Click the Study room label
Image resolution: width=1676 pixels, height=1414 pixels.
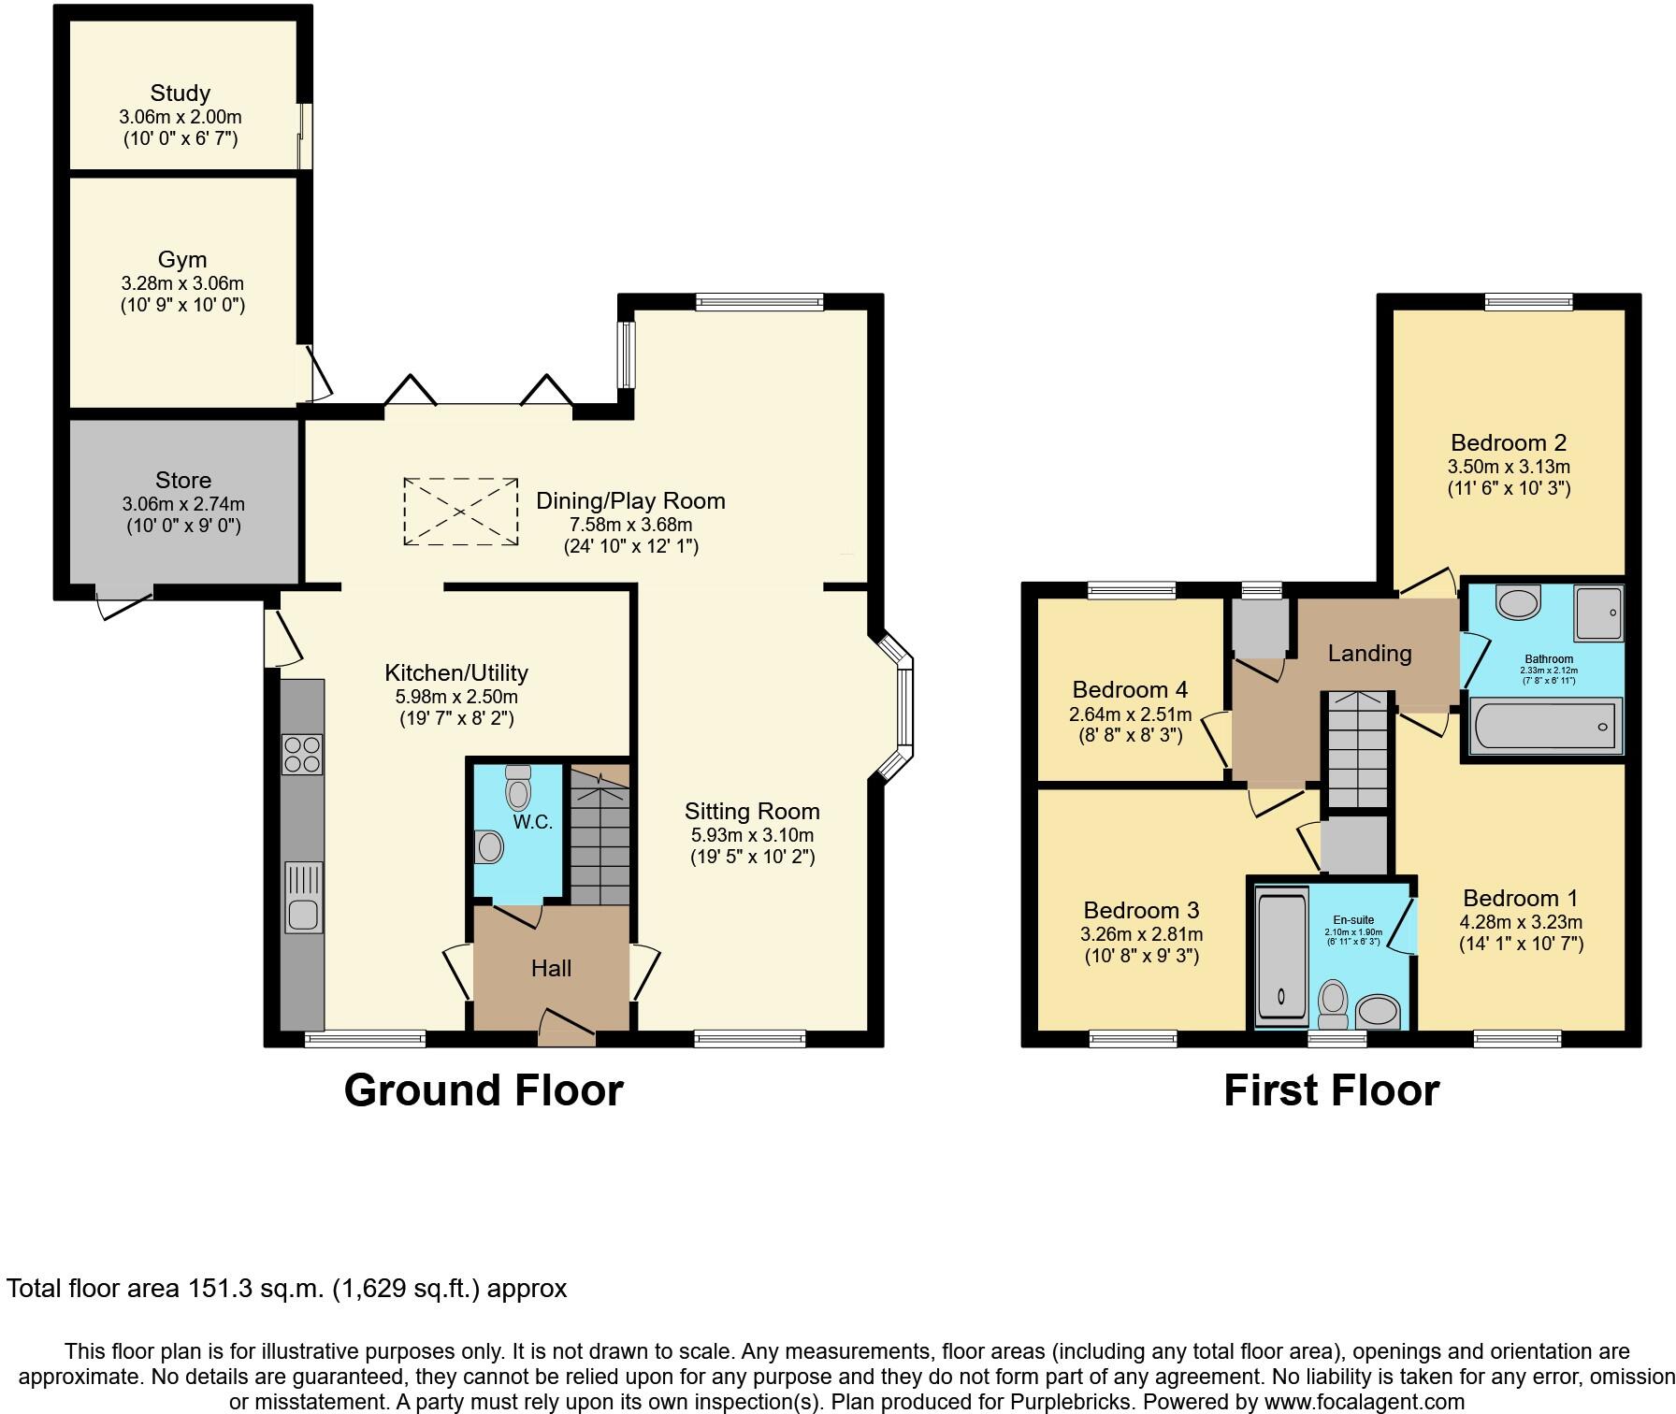181,94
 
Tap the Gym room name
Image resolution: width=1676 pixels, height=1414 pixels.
182,259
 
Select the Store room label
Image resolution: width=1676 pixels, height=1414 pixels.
183,481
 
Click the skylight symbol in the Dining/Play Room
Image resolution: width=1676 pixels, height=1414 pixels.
460,511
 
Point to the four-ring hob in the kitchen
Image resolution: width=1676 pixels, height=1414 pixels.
302,755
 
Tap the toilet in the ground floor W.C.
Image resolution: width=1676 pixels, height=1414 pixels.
517,787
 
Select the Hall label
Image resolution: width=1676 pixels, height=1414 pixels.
551,969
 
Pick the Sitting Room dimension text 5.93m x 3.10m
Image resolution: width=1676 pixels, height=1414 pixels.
752,835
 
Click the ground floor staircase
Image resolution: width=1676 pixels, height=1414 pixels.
600,834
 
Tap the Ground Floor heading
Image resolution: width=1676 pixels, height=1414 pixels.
484,1090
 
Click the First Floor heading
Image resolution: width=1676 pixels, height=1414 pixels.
1331,1090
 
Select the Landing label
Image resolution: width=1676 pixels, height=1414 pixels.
1369,654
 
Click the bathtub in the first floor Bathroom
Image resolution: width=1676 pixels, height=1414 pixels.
1544,726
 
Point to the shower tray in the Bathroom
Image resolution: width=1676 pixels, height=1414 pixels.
1598,613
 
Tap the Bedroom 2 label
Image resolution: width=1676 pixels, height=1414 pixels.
1509,442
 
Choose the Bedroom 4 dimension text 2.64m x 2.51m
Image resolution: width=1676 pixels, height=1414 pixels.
1130,714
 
